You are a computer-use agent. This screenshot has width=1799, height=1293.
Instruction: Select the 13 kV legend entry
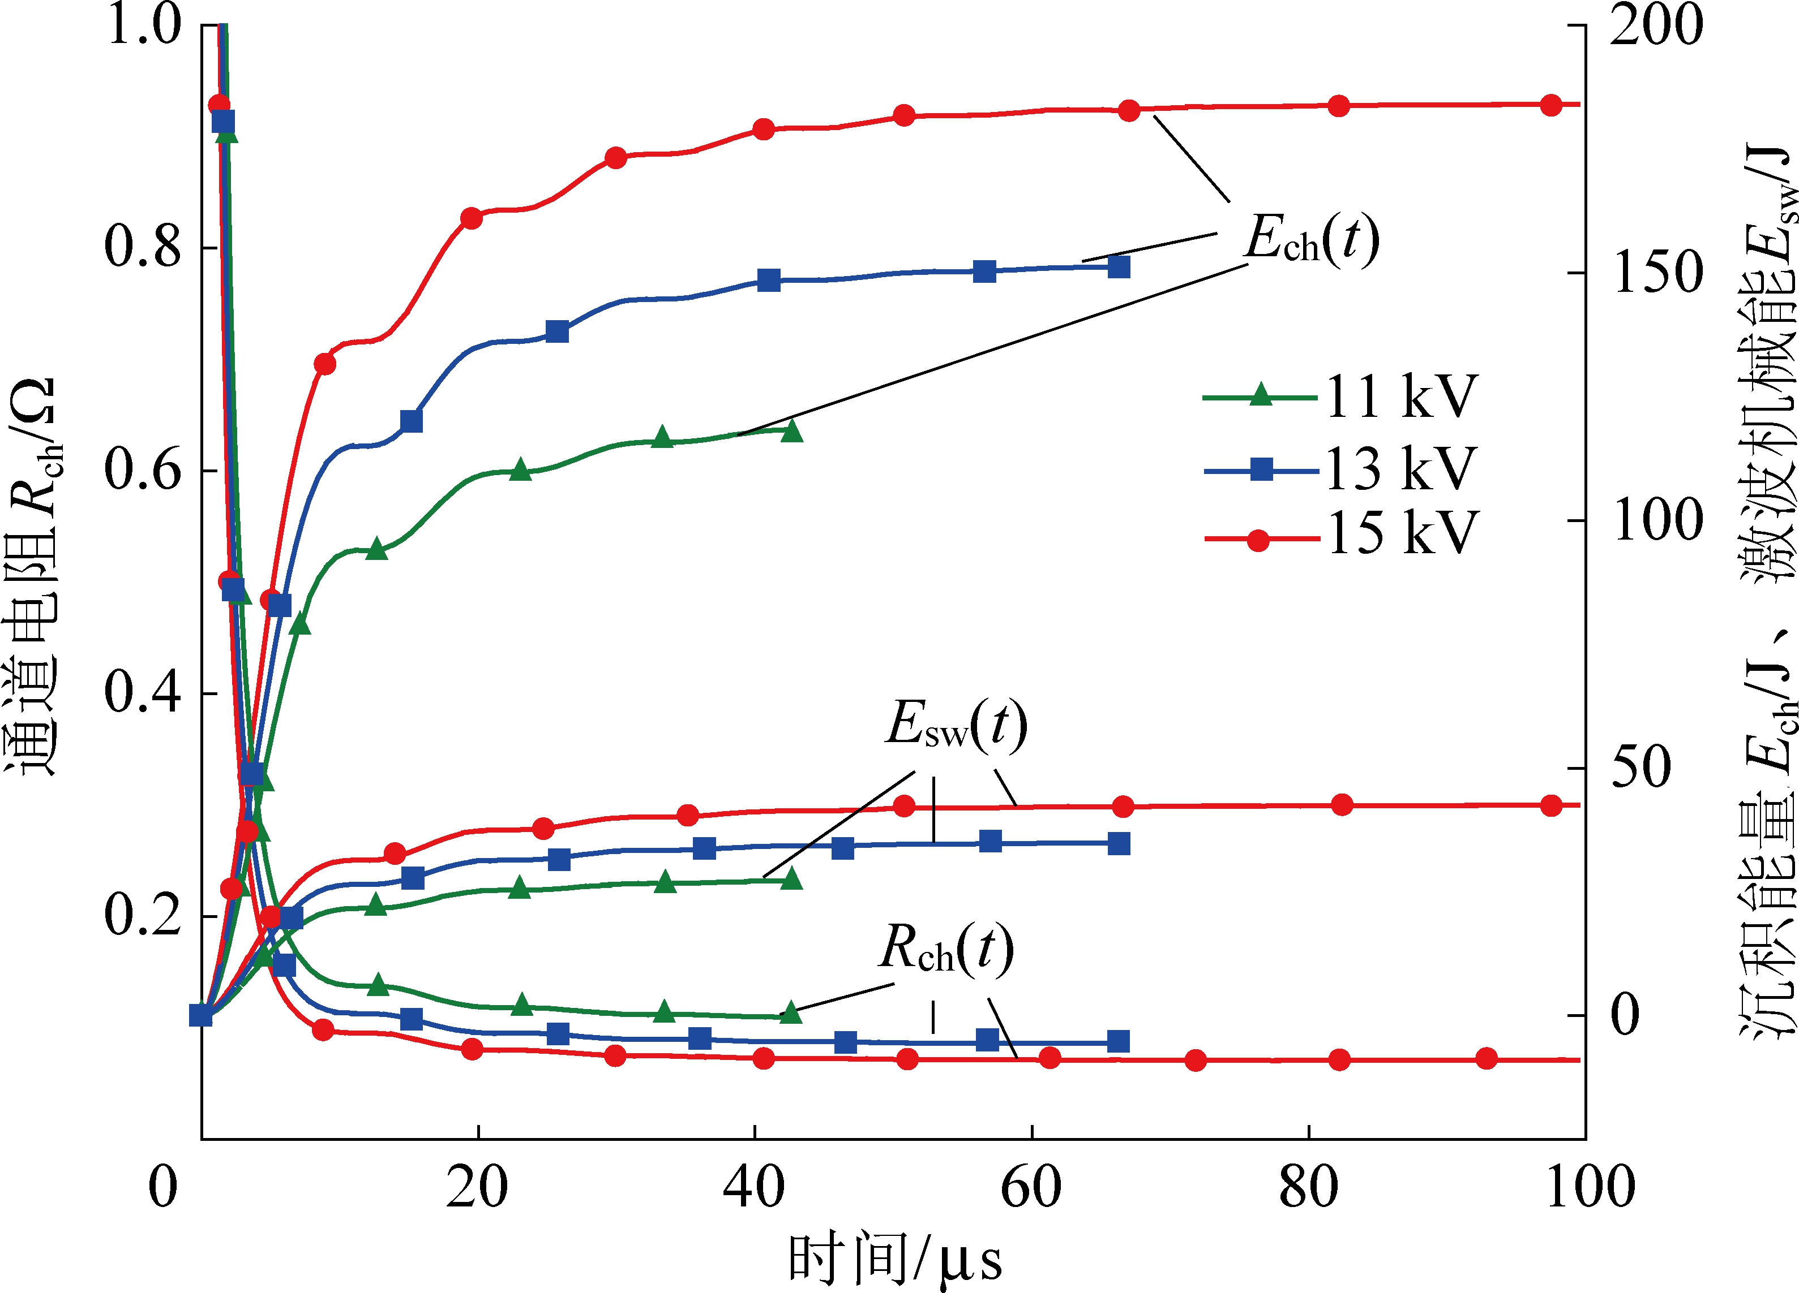click(x=1340, y=469)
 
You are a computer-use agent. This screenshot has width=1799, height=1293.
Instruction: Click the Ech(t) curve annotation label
click(x=1311, y=239)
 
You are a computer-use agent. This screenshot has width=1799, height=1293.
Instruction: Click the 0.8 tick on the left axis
click(x=143, y=247)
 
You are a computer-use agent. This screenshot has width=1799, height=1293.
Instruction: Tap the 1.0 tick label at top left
click(x=143, y=25)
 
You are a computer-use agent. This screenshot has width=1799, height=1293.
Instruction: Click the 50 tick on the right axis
click(x=1640, y=768)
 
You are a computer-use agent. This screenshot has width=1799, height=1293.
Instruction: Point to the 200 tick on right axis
click(x=1656, y=25)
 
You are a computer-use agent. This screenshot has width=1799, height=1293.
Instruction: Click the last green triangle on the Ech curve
click(x=791, y=431)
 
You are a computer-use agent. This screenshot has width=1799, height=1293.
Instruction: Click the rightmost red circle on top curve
click(x=1550, y=105)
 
